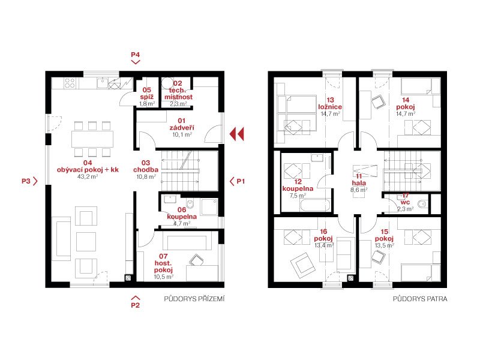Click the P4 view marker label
pos(136,55)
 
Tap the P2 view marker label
pos(136,305)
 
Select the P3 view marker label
pos(26,181)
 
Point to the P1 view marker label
pos(241,181)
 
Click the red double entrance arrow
pos(237,134)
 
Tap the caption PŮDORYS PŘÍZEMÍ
pos(194,298)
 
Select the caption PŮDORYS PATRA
pos(420,298)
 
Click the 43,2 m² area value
pos(88,176)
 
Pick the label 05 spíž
pos(146,94)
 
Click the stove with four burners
pos(70,83)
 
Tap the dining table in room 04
pos(92,139)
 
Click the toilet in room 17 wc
pos(423,203)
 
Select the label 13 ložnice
pos(330,103)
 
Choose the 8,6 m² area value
pos(359,190)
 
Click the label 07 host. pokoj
pos(163,263)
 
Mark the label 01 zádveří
pos(182,124)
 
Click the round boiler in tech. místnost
pos(167,83)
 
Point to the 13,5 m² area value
pos(385,245)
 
